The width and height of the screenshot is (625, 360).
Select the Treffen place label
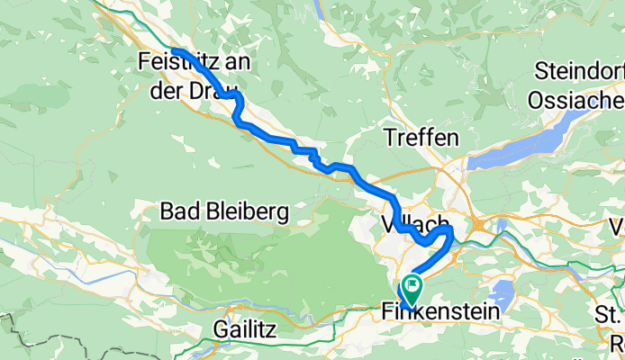[x=421, y=138]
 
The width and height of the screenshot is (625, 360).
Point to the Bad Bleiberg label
[x=224, y=212]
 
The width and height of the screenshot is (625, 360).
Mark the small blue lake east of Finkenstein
[x=502, y=292]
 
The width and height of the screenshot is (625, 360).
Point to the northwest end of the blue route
[x=173, y=50]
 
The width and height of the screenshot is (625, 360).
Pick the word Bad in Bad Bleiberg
[x=177, y=212]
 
